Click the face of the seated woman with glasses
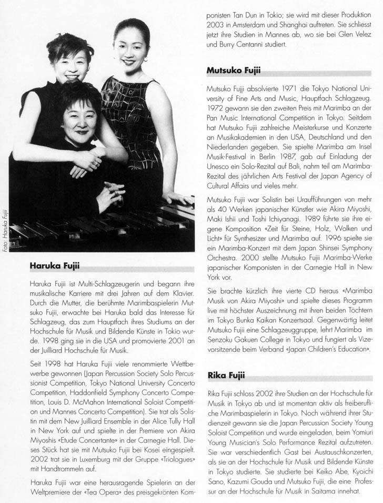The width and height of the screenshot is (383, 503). click(x=79, y=120)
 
